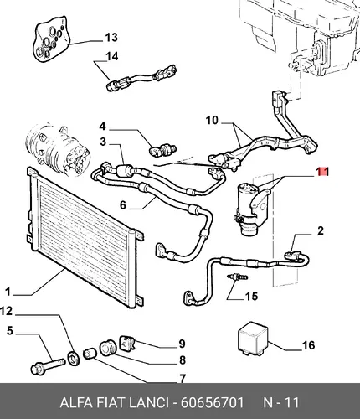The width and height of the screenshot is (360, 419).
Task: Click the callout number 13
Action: point(111,38)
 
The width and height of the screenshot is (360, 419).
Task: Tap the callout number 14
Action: point(112,57)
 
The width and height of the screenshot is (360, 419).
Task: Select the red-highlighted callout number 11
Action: point(322,172)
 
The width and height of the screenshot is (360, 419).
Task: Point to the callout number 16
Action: point(308,345)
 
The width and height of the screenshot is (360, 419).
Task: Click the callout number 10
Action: point(212,121)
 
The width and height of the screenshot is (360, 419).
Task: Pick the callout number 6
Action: point(123,205)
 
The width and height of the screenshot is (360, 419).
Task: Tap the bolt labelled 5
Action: point(48,366)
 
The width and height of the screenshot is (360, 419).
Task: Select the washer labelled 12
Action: point(75,359)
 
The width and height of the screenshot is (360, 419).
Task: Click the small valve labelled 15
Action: point(237,277)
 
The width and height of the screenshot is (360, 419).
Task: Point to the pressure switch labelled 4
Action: point(162,150)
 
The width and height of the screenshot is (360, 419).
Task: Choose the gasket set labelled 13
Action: point(51,39)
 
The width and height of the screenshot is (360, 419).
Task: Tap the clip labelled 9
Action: point(127,343)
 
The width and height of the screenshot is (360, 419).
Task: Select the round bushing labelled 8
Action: point(107,348)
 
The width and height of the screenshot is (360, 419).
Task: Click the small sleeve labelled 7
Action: point(90,354)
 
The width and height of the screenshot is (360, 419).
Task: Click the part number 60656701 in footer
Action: point(213,402)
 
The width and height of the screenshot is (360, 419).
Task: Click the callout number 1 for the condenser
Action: point(8,292)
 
